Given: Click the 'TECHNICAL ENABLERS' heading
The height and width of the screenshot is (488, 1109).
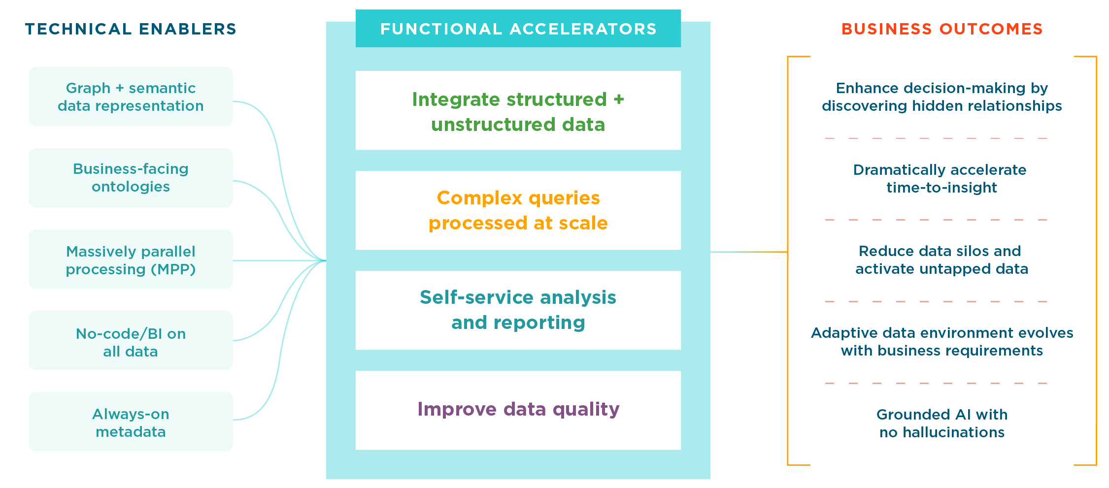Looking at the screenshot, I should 131,29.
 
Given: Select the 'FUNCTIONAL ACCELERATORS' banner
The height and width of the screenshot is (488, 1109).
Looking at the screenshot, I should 518,29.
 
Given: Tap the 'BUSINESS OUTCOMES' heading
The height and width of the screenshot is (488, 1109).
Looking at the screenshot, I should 941,29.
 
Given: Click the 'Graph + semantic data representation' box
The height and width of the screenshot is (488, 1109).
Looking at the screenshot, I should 131,97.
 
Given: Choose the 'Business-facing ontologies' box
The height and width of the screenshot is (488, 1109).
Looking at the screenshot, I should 131,178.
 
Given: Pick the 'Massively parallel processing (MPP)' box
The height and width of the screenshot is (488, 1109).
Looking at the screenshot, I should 131,260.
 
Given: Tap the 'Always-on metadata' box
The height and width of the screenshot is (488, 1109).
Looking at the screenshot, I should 131,422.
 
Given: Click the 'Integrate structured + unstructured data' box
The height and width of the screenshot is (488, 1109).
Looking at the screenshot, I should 518,111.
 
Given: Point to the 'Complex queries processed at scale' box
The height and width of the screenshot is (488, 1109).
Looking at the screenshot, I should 518,210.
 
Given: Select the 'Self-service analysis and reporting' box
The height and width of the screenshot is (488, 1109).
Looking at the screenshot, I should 518,310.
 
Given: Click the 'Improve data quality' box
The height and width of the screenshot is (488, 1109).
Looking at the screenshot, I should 518,410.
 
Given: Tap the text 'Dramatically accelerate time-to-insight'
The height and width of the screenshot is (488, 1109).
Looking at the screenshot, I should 940,179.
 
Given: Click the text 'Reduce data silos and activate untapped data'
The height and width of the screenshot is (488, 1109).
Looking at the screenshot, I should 941,260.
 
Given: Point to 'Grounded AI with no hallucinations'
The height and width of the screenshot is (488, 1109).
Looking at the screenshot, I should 941,423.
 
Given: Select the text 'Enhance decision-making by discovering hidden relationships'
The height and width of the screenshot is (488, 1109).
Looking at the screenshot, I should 941,97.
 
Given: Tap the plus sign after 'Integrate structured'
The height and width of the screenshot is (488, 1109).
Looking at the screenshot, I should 618,99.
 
